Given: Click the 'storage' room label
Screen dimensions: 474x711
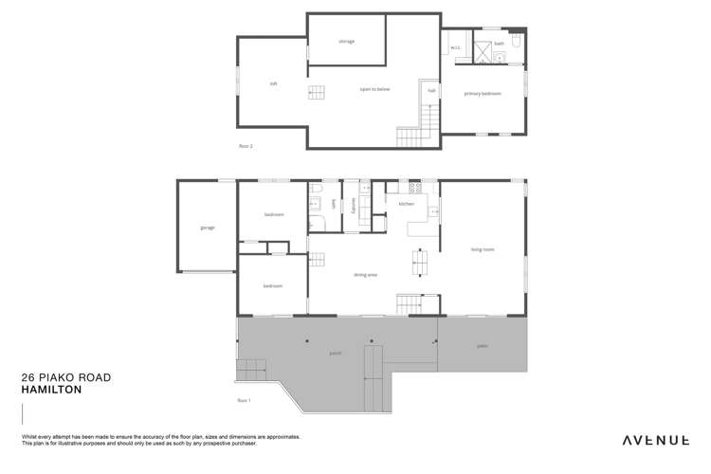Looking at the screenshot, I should pos(346,42).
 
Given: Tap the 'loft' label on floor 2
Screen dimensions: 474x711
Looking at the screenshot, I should pos(273,84).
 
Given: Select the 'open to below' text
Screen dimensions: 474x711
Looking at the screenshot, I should pos(374,90).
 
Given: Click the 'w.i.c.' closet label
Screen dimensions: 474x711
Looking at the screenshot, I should pos(454,47).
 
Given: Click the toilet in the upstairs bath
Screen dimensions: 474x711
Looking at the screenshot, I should pos(516,44).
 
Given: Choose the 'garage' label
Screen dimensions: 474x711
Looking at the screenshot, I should pos(207,228).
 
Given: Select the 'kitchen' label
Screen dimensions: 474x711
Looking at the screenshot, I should pos(406,204).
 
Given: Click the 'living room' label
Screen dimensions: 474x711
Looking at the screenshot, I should pos(483,249).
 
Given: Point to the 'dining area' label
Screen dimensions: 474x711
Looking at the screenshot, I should pos(366,275).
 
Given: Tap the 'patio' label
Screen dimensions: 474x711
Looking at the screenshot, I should pos(482,346).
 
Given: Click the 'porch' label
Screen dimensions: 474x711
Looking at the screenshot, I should pos(336,353).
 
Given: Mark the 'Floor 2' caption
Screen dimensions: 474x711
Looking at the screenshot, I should pos(246,146).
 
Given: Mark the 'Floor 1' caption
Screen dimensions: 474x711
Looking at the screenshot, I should pos(245,401).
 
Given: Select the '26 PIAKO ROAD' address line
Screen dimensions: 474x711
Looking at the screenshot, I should pos(65,377).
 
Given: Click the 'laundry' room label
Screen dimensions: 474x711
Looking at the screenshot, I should pos(353,203).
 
